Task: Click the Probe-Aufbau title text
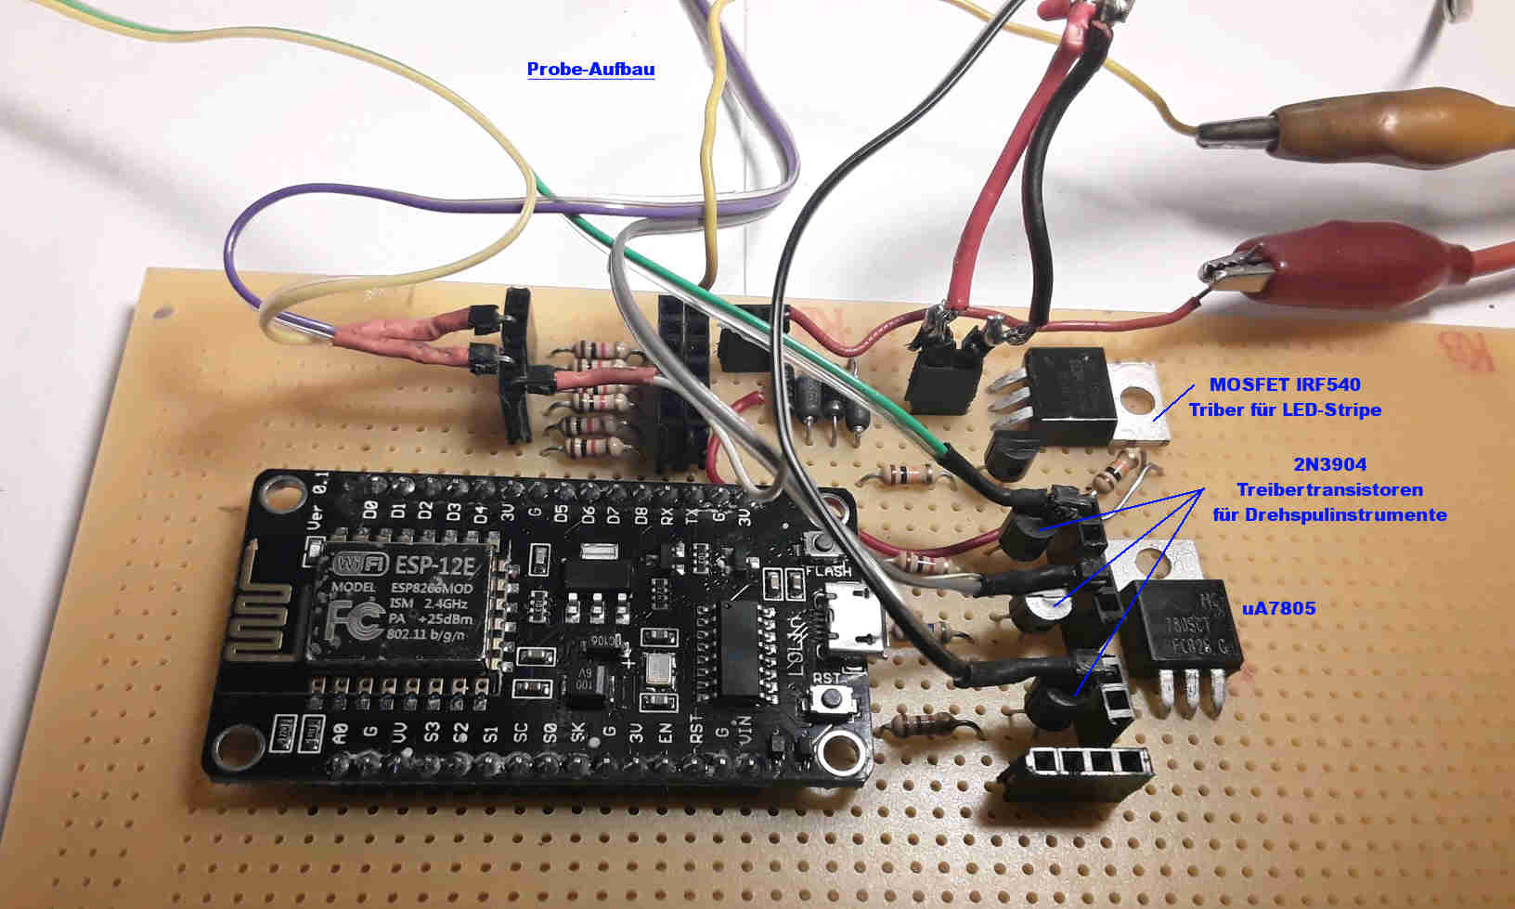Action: pyautogui.click(x=590, y=70)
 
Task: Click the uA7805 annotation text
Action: pyautogui.click(x=1278, y=609)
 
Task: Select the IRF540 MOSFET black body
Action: pyautogui.click(x=1068, y=395)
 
